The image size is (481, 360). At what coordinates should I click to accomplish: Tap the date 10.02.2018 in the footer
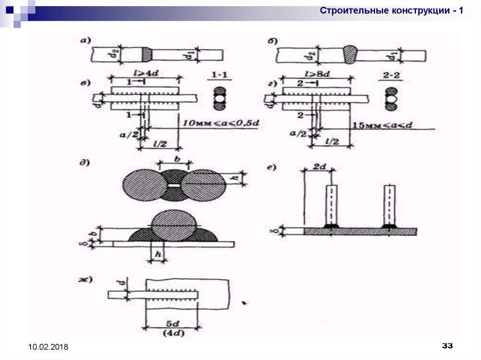tap(48, 347)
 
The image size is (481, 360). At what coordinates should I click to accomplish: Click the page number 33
tap(447, 346)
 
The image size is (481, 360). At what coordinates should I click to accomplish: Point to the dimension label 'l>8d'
tap(318, 74)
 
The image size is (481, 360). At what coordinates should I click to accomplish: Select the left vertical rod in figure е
tap(332, 205)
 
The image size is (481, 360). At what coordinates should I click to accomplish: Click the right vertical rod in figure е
tap(389, 205)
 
